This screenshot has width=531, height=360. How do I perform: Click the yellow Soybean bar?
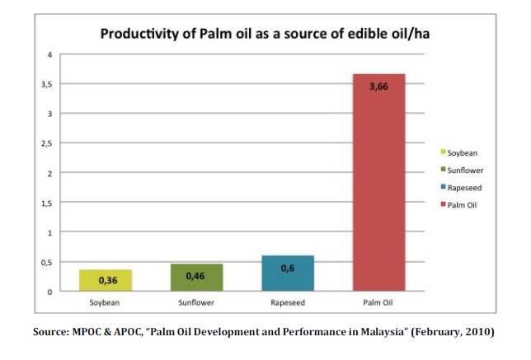(106, 280)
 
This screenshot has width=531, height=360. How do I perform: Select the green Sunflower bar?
(196, 278)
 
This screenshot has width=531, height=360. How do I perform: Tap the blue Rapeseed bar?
(288, 274)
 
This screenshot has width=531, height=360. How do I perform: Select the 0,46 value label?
(195, 275)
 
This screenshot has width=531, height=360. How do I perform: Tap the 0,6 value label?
(288, 268)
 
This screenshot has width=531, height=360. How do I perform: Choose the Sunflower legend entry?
(464, 170)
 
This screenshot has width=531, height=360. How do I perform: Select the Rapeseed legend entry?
(463, 187)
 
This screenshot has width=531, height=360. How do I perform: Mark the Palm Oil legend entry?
(462, 204)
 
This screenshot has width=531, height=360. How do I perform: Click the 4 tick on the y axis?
(49, 55)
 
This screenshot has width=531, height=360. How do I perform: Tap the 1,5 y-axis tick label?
(48, 203)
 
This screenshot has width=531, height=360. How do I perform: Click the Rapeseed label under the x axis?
(288, 303)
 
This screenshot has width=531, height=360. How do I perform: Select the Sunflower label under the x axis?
(195, 303)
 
